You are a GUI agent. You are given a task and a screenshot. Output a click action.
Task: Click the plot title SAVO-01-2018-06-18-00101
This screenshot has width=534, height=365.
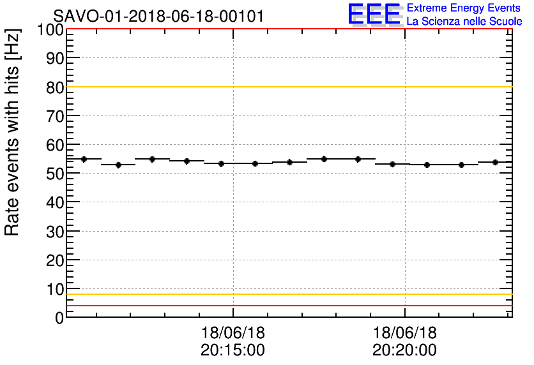[158, 16]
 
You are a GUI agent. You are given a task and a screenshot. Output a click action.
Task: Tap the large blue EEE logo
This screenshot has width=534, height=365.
[375, 14]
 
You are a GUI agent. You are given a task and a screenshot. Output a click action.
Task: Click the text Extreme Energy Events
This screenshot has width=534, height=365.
[463, 8]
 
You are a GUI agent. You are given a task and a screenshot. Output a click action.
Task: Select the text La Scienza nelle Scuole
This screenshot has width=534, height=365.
[464, 21]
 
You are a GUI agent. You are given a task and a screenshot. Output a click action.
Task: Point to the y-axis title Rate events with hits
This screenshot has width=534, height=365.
[13, 132]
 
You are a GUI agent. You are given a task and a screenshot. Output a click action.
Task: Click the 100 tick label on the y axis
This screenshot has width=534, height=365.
[50, 30]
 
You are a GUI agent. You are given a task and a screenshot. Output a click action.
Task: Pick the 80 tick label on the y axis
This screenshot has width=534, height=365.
[54, 87]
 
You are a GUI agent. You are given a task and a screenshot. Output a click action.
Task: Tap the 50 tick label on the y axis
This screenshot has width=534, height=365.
[54, 174]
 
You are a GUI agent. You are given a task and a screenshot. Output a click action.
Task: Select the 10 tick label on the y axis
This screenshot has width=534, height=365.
[54, 288]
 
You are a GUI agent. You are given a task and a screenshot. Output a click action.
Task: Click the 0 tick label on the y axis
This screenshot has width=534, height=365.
[59, 317]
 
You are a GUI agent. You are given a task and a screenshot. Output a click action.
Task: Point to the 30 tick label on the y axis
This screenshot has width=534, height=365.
[54, 231]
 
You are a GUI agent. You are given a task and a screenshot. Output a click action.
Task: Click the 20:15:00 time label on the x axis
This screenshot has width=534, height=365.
[233, 350]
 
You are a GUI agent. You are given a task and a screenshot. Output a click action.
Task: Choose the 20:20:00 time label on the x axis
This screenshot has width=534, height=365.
[404, 350]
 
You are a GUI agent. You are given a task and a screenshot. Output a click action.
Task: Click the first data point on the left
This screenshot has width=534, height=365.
[84, 159]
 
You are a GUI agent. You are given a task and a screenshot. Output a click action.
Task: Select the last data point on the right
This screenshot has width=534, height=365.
[496, 162]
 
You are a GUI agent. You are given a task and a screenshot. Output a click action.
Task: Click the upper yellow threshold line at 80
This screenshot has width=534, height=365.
[287, 87]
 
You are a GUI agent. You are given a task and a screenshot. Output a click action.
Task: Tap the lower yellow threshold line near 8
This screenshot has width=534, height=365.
[287, 294]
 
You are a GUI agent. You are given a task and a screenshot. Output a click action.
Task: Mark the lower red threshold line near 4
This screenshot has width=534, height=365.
[287, 306]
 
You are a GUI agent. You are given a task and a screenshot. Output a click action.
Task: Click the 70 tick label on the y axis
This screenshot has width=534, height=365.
[54, 116]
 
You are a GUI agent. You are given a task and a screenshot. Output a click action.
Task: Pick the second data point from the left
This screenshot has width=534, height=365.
[118, 165]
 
